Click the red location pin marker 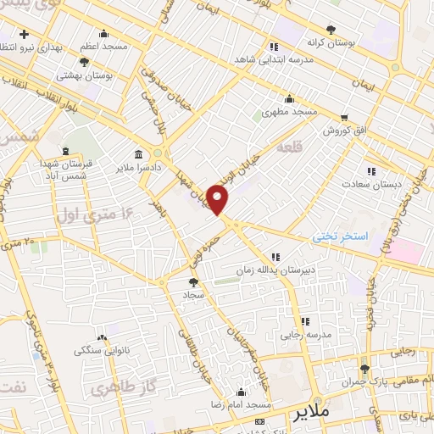pyautogui.click(x=218, y=200)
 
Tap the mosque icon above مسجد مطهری pyautogui.click(x=290, y=97)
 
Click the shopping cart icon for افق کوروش pyautogui.click(x=344, y=117)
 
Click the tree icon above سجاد pyautogui.click(x=193, y=281)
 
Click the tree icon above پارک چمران pyautogui.click(x=365, y=368)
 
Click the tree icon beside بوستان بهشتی pyautogui.click(x=83, y=61)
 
